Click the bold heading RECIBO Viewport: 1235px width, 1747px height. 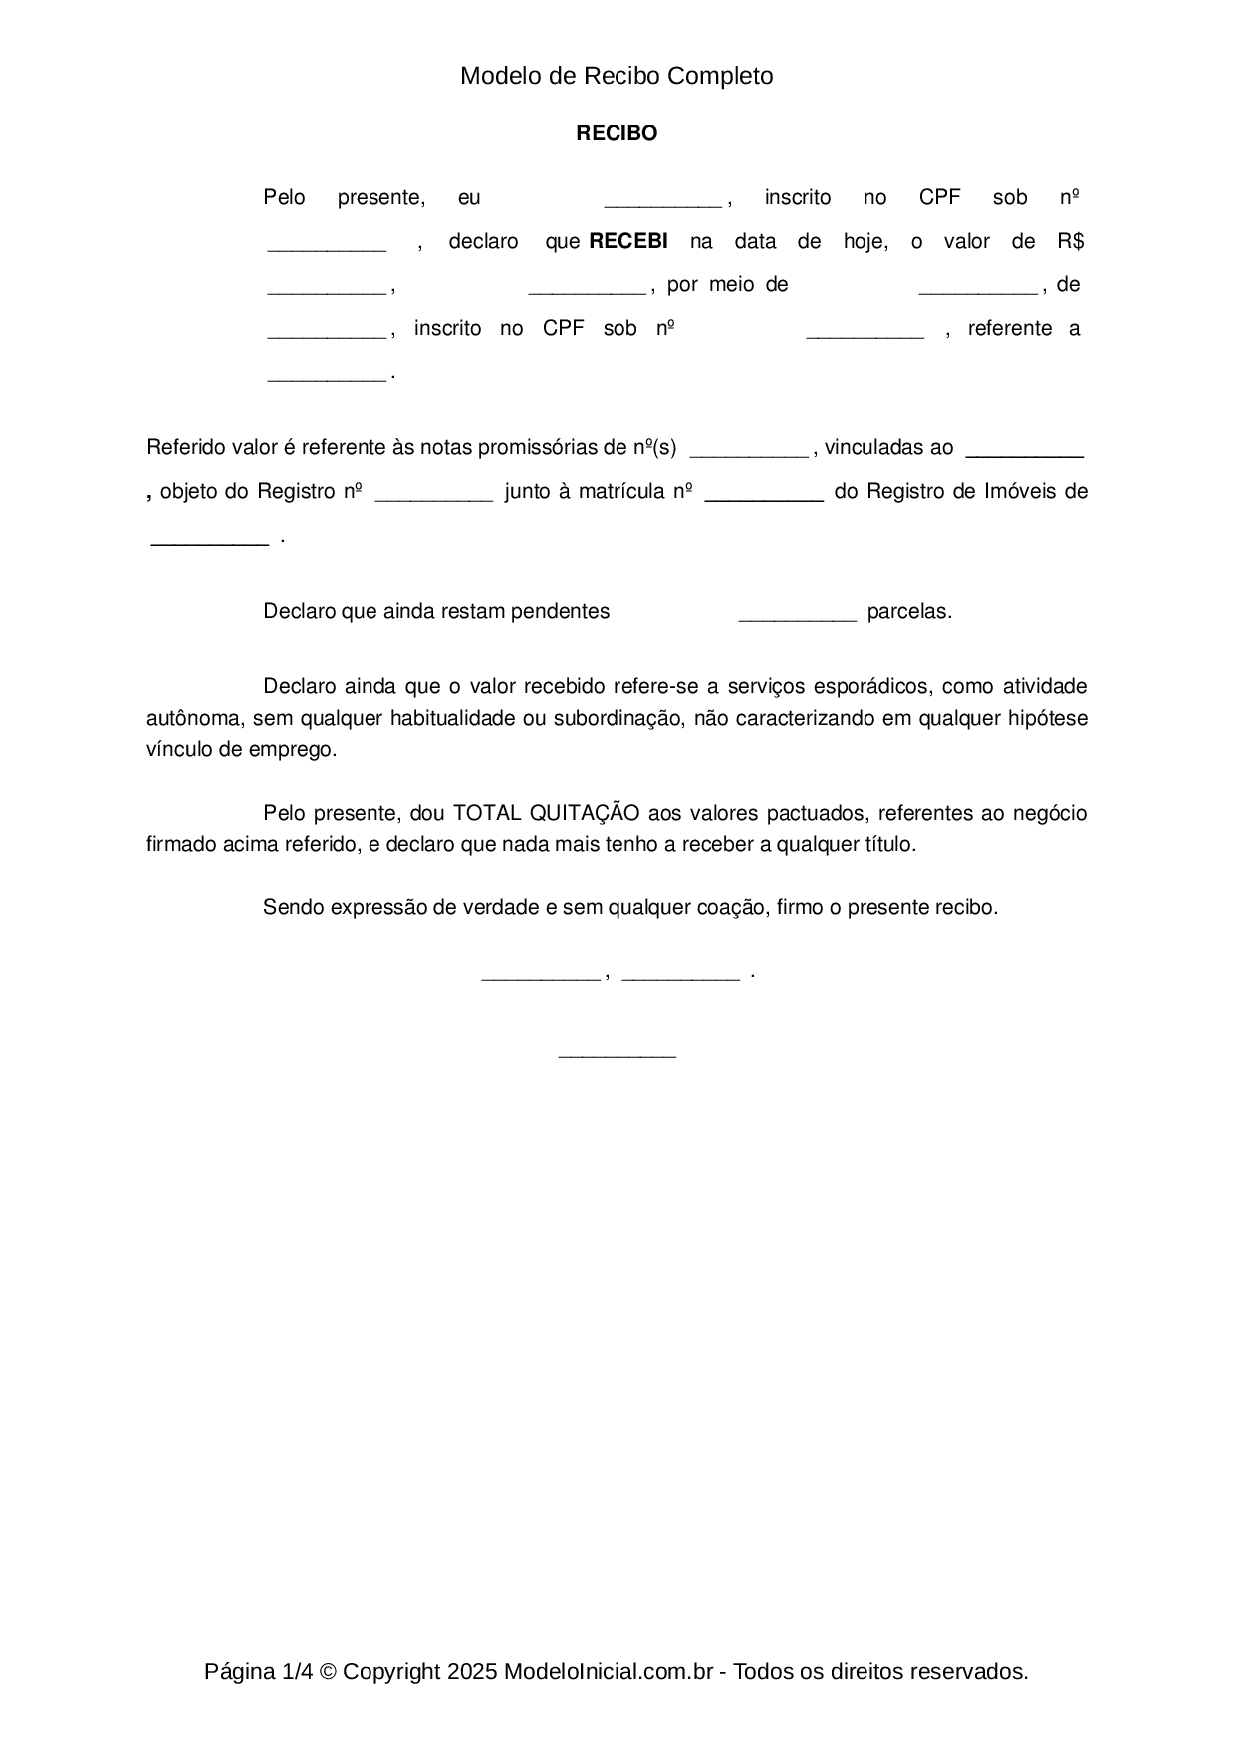[617, 133]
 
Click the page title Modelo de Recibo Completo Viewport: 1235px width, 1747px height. [617, 76]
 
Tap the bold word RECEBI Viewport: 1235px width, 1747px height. [628, 241]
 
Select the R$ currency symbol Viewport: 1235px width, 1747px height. [1071, 241]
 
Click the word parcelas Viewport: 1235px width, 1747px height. [908, 612]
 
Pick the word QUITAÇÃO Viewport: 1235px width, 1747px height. [588, 813]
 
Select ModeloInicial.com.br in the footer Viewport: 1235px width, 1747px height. [608, 1672]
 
